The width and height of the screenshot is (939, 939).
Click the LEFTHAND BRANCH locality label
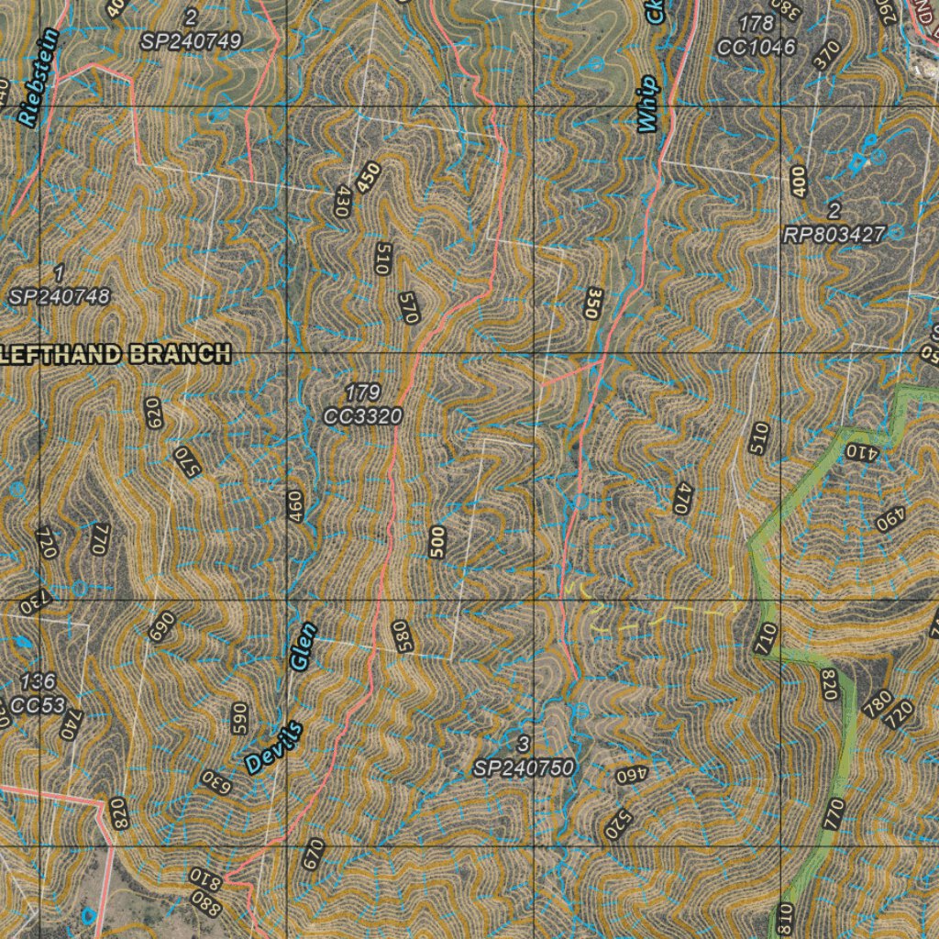pyautogui.click(x=114, y=354)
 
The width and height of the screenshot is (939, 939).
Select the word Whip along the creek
pyautogui.click(x=649, y=104)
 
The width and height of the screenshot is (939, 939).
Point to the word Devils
pyautogui.click(x=273, y=747)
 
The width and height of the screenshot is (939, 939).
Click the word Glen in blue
pyautogui.click(x=303, y=645)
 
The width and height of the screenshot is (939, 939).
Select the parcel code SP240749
pyautogui.click(x=191, y=41)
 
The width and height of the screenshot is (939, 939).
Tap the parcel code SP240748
pyautogui.click(x=60, y=296)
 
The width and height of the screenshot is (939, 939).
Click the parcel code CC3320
pyautogui.click(x=363, y=416)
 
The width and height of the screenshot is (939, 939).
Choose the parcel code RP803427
pyautogui.click(x=834, y=235)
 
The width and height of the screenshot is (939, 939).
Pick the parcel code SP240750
pyautogui.click(x=524, y=768)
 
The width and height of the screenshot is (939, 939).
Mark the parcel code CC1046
pyautogui.click(x=757, y=47)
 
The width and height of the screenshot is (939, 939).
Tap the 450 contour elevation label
pyautogui.click(x=369, y=177)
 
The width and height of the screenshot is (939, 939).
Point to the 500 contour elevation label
pyautogui.click(x=437, y=542)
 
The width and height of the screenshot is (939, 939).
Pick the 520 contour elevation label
pyautogui.click(x=617, y=824)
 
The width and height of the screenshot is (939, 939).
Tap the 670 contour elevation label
pyautogui.click(x=313, y=854)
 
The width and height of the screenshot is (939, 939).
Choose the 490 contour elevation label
pyautogui.click(x=889, y=520)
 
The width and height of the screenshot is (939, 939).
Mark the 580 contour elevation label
pyautogui.click(x=401, y=636)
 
